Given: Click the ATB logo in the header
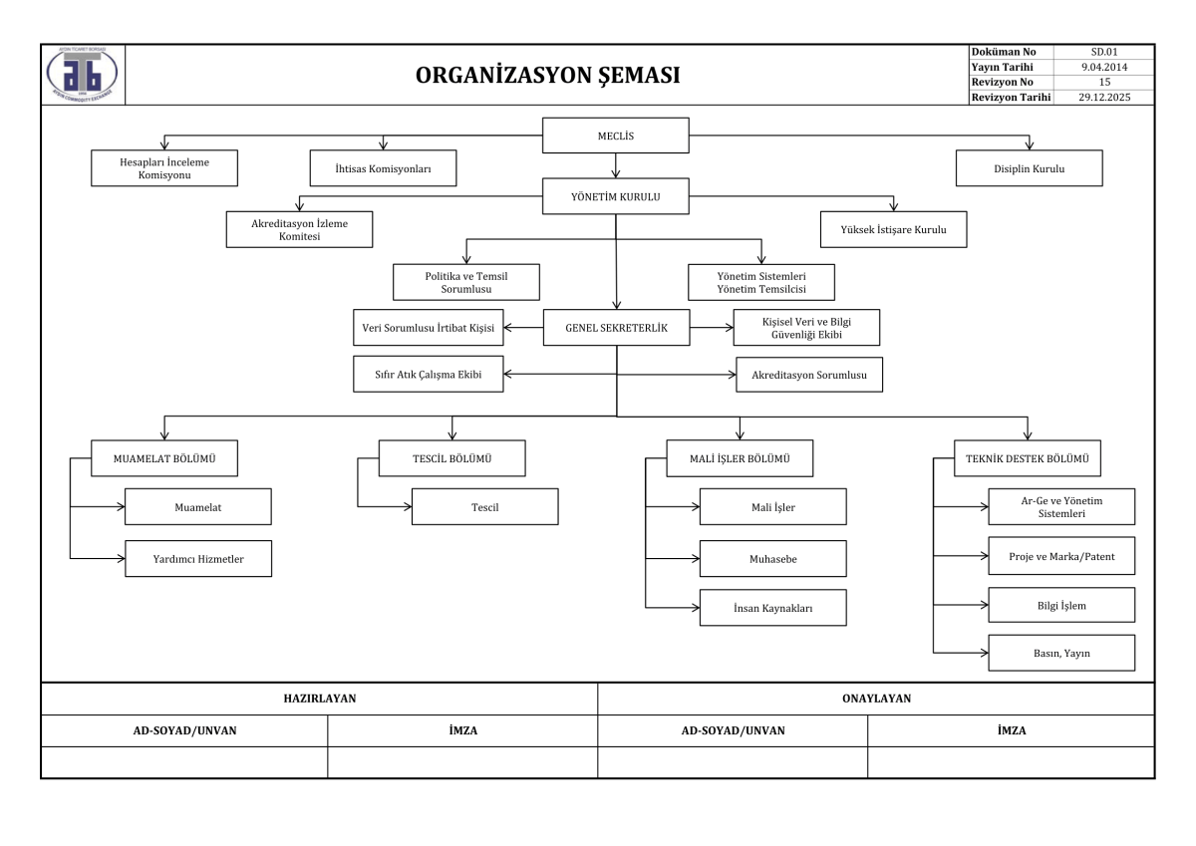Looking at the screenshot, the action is coord(82,74).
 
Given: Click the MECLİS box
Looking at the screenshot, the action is coord(616,136).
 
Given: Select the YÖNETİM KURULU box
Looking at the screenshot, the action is coord(616,196).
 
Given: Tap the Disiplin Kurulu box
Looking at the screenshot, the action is coord(1029,168).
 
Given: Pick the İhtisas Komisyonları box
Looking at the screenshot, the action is coord(383,168).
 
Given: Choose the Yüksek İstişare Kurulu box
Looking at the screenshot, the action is coord(893,229).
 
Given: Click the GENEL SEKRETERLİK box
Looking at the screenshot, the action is coord(616,327).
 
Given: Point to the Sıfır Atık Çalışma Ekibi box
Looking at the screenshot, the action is coord(428,374).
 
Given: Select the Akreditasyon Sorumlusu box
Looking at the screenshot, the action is coord(809,375).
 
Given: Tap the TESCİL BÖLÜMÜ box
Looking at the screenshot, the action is coord(451,458).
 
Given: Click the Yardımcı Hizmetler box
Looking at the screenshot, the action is coord(198,558).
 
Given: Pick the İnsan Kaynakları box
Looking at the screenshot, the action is coord(772,608).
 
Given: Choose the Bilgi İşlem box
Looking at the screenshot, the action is coord(1061,605).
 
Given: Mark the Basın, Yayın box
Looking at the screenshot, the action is coord(1061,653).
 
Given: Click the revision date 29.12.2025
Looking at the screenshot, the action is coord(1104,97).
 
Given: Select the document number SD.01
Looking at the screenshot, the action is coord(1104,52).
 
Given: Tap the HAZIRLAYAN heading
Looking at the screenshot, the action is coord(319,699).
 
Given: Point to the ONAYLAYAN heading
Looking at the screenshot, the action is coord(876,699).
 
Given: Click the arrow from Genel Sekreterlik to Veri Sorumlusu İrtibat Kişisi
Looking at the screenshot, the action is coord(523,327).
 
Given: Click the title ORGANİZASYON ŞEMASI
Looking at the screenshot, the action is coord(548,76).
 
